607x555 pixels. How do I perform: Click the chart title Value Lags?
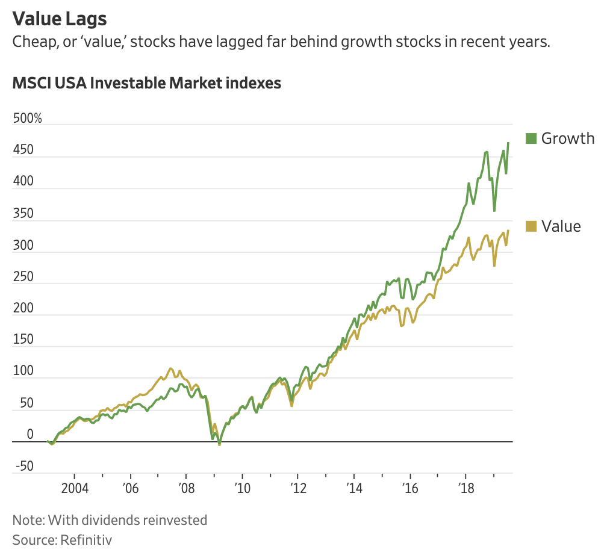60,19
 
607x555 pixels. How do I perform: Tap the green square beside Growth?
531,138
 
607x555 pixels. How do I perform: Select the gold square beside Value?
531,226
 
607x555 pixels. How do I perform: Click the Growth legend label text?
568,138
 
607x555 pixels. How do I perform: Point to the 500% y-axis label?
28,118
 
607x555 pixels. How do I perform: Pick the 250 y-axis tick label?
23,276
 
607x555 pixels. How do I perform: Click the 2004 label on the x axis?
74,487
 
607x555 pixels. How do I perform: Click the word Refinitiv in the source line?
86,539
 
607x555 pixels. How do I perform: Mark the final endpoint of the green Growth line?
508,143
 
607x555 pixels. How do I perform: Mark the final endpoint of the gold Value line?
508,231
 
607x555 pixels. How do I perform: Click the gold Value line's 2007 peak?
170,368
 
